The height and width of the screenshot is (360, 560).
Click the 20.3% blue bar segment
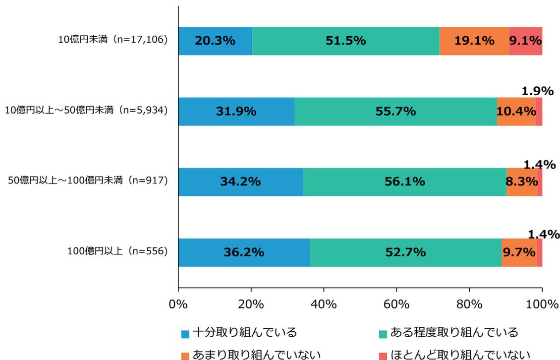point(215,41)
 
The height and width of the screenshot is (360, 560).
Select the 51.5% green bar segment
point(345,41)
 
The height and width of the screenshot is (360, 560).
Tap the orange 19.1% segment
point(474,41)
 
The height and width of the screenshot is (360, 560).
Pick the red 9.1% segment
point(525,41)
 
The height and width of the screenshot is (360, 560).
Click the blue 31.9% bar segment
point(236,112)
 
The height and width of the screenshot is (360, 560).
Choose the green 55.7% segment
point(395,112)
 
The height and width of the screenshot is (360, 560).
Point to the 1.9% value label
point(537,92)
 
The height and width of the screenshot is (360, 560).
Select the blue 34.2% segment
point(240,182)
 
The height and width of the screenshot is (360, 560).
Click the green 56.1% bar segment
point(404,182)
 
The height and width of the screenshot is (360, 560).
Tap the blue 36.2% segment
point(244,252)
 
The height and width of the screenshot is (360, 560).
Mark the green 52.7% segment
point(405,252)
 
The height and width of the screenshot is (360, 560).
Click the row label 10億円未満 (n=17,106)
point(113,41)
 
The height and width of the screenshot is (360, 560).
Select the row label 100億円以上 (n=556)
point(117,252)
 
